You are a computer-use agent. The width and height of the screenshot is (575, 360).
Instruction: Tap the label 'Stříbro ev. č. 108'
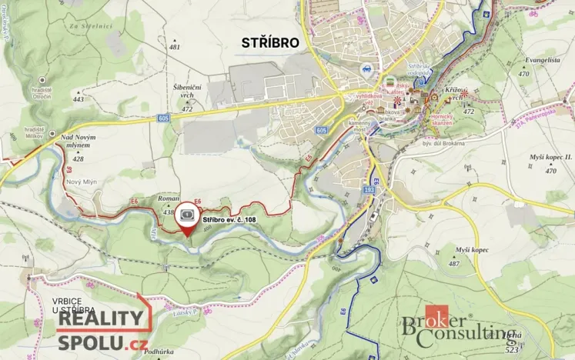(229, 219)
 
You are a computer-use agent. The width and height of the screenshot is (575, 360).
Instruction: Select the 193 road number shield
(372, 187)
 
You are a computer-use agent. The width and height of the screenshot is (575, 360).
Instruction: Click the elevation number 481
(175, 47)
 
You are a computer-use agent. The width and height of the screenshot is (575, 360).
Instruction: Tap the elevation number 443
(78, 99)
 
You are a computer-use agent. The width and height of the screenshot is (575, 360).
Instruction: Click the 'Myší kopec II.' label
(550, 157)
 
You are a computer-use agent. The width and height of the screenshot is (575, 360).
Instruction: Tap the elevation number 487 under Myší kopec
(454, 264)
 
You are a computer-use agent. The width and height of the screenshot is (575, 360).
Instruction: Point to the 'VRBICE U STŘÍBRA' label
(77, 305)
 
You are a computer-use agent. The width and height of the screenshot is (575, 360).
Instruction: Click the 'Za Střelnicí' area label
(86, 26)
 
